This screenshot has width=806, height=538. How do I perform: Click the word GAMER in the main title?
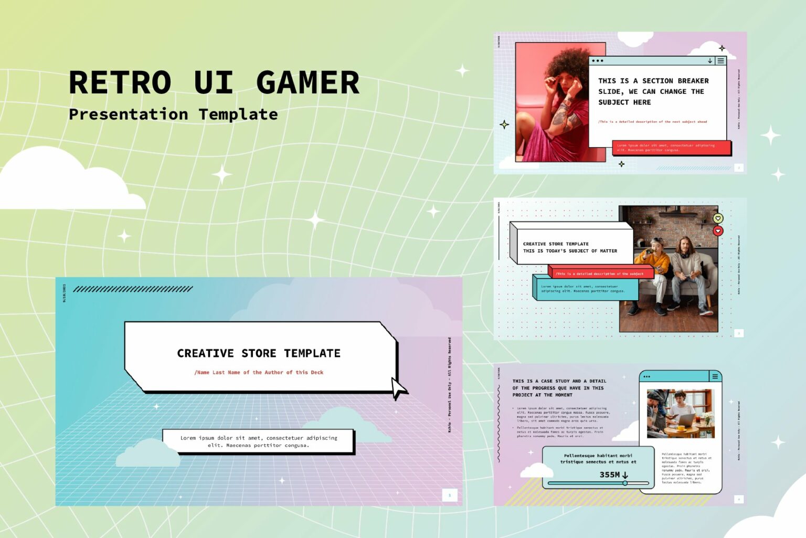click(x=307, y=83)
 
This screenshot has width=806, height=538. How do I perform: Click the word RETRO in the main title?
click(x=120, y=83)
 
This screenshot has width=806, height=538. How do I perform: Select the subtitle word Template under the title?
click(x=238, y=114)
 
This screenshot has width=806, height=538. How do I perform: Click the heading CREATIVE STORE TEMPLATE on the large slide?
click(x=259, y=353)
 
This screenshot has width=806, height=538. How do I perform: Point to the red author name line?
click(x=259, y=372)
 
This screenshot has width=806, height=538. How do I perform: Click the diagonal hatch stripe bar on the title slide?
click(x=133, y=289)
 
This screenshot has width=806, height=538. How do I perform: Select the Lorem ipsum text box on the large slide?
click(x=258, y=441)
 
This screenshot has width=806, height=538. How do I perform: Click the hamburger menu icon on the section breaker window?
click(x=720, y=61)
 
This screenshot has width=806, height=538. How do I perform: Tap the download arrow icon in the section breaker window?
click(x=710, y=61)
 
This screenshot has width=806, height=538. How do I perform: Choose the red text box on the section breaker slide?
click(x=671, y=147)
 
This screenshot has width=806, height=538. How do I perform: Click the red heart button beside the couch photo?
click(x=718, y=230)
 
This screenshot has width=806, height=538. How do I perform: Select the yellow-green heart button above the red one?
click(x=718, y=218)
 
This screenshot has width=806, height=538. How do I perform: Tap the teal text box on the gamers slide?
click(x=585, y=289)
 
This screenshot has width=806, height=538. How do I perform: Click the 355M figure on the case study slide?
click(x=610, y=474)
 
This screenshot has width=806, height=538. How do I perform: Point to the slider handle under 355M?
click(x=625, y=483)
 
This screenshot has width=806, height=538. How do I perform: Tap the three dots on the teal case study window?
click(x=646, y=376)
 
